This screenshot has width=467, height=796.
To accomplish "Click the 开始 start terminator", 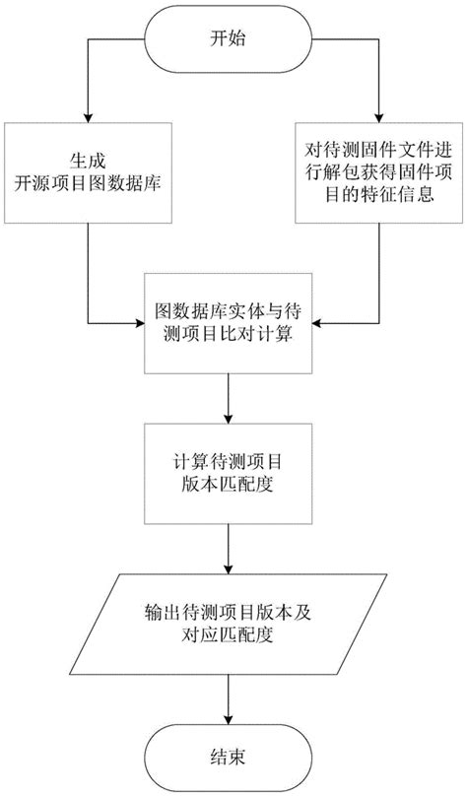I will click(x=229, y=38).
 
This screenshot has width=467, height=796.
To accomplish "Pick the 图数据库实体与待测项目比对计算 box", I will click(x=229, y=323).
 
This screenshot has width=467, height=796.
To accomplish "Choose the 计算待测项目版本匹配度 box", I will click(x=229, y=474).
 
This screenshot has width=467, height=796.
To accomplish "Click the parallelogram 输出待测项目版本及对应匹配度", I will click(x=229, y=623).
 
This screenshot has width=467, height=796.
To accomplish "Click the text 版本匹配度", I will click(x=229, y=486).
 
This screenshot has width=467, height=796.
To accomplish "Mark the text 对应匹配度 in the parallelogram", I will click(x=229, y=635).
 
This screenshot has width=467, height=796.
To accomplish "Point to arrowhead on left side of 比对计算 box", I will click(x=139, y=322).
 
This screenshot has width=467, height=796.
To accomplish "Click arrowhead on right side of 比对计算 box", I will click(x=318, y=322).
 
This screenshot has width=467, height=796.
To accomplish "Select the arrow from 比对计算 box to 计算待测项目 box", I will click(x=229, y=398).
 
